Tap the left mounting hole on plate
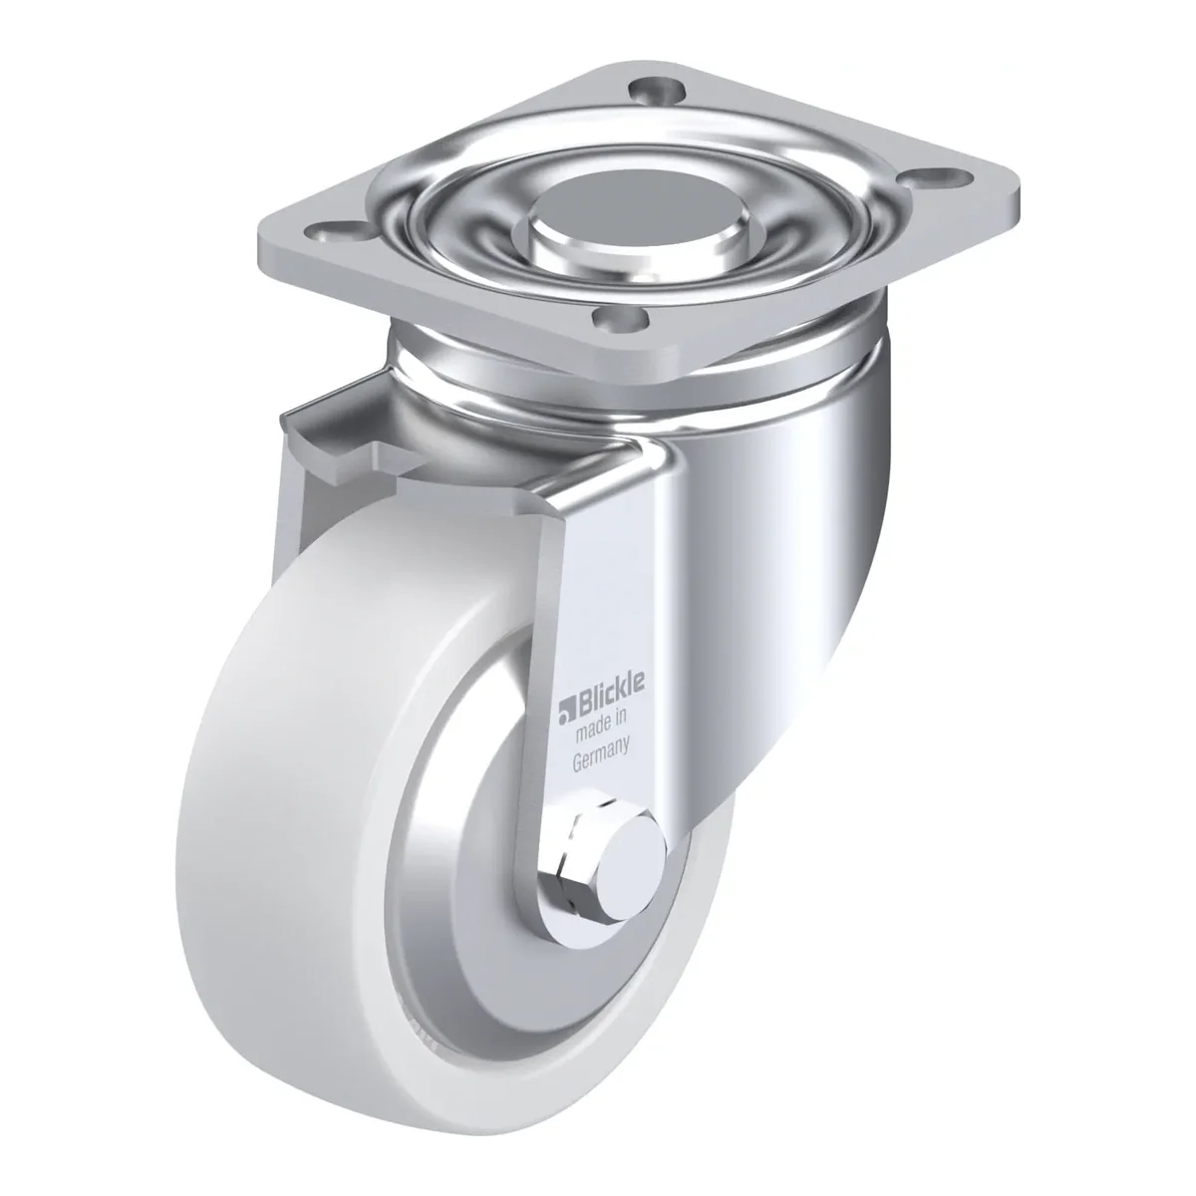point(337,232)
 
